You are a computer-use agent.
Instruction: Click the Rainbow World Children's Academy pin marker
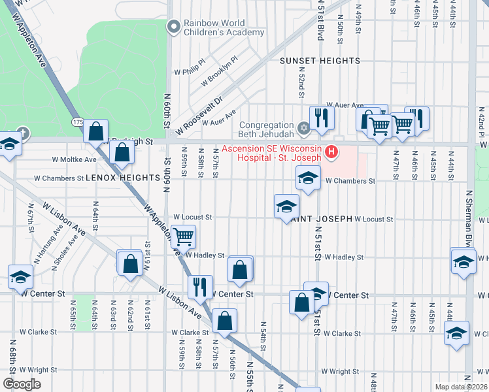pyautogui.click(x=173, y=27)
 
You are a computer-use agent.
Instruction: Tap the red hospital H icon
pyautogui.click(x=332, y=153)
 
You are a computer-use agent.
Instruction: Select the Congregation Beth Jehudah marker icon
pyautogui.click(x=303, y=127)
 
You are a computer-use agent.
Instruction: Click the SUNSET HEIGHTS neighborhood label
pyautogui.click(x=320, y=61)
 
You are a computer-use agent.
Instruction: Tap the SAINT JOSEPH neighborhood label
pyautogui.click(x=322, y=218)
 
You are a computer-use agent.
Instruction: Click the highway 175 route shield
pyautogui.click(x=78, y=123)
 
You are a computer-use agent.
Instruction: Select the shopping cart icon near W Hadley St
pyautogui.click(x=184, y=236)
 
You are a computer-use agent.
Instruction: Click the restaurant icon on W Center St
pyautogui.click(x=199, y=286)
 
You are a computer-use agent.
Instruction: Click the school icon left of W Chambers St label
pyautogui.click(x=308, y=176)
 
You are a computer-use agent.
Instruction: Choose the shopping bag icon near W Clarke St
pyautogui.click(x=224, y=320)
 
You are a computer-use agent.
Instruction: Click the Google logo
pyautogui.click(x=22, y=384)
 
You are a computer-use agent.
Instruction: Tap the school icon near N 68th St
pyautogui.click(x=20, y=276)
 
